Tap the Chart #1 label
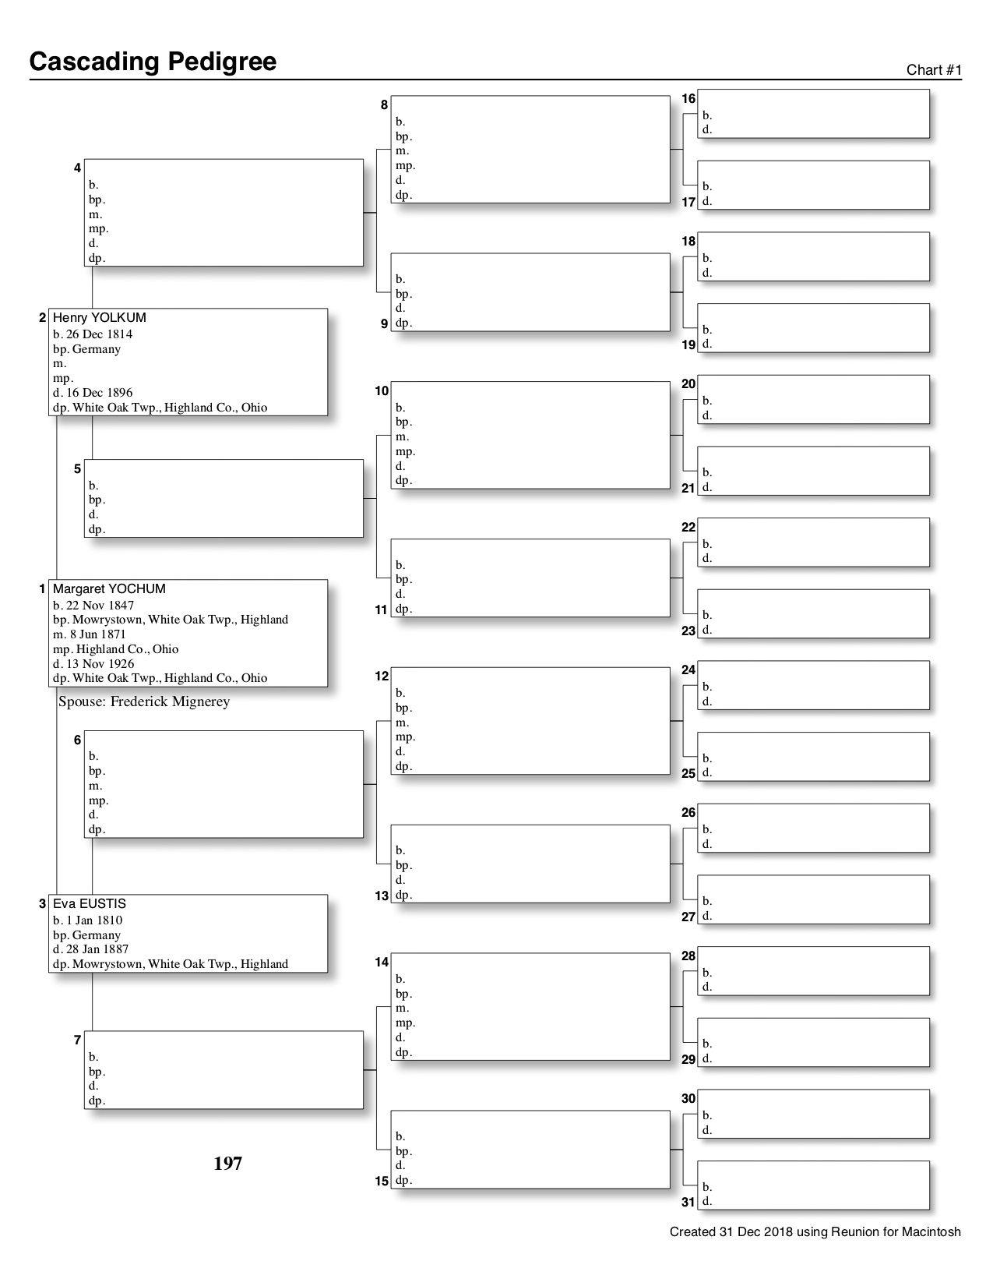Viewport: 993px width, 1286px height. pos(934,70)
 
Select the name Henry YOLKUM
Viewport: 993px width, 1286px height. pos(99,317)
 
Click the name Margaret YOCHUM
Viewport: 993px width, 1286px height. pos(109,588)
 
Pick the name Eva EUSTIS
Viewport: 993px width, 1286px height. pos(89,903)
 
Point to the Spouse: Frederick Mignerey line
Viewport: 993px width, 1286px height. pos(144,701)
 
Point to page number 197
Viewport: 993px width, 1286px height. pos(227,1163)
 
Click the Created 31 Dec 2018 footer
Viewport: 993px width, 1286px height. pos(815,1232)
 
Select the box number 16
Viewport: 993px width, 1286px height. pos(688,99)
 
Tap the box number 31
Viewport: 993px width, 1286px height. pos(688,1202)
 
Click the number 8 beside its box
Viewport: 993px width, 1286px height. pos(384,104)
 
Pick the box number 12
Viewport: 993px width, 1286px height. pos(382,676)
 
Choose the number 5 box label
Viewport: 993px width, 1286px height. pos(77,468)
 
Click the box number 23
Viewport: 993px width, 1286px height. pos(688,631)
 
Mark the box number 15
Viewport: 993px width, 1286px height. pos(382,1181)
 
